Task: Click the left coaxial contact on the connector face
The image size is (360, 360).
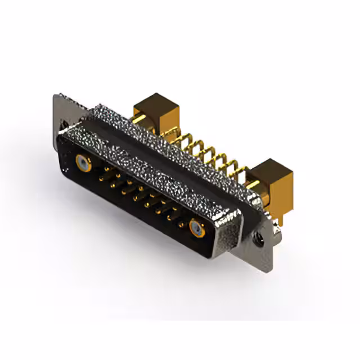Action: click(x=83, y=164)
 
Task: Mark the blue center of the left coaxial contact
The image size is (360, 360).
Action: click(x=83, y=164)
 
